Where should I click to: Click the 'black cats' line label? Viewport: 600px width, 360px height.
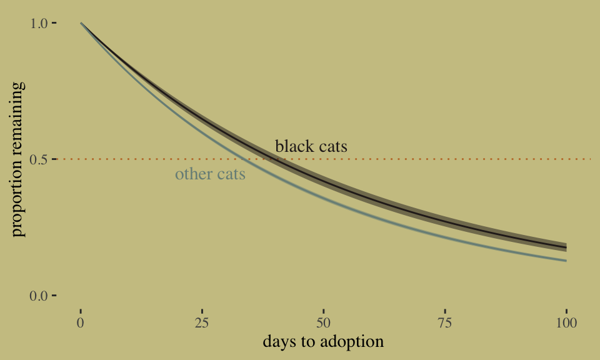pos(311,146)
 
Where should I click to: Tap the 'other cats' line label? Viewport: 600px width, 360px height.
pos(210,174)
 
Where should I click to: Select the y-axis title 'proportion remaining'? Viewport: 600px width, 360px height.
pos(18,159)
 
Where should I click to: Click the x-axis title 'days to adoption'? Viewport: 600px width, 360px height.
pos(323,342)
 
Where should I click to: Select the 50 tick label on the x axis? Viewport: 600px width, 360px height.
pos(323,323)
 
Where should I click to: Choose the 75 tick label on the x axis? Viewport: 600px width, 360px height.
pos(444,323)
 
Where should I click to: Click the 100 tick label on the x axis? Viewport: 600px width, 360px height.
pos(566,323)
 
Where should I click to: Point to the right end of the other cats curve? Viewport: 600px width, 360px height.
pos(566,261)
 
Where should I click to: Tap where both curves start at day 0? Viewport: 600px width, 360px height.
pos(81,23)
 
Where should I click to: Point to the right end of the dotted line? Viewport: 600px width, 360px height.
pos(591,159)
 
